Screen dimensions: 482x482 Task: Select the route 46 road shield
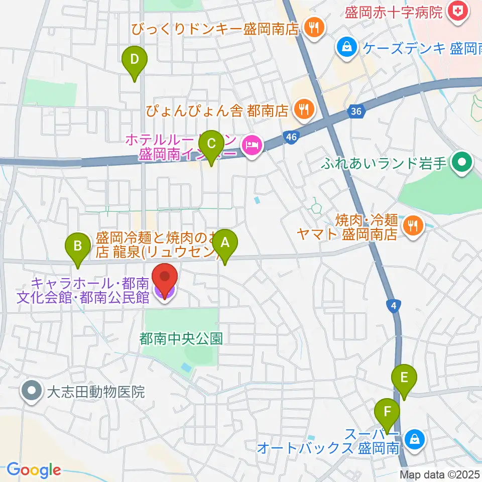292,137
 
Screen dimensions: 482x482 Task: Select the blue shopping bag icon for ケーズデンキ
346,48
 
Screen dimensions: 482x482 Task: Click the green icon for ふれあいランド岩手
459,162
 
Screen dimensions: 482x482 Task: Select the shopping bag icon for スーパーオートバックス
415,440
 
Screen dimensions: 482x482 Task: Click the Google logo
34,470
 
